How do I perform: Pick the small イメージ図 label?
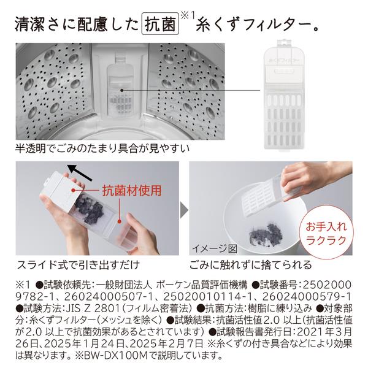pyautogui.click(x=214, y=248)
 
